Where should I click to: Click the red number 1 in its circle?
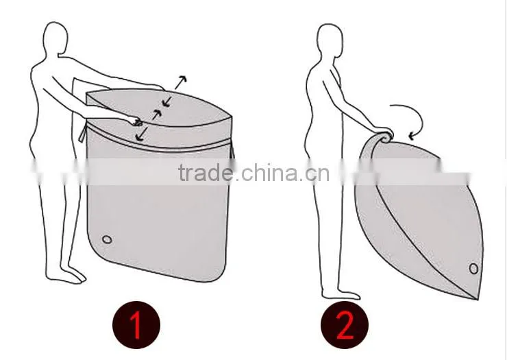click(x=136, y=325)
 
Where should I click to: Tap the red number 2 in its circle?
click(x=345, y=325)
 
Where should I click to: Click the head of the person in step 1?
click(x=55, y=38)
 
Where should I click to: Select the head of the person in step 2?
click(x=330, y=40)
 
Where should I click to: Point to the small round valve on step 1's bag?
click(x=107, y=239)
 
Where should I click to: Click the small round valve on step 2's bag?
click(x=473, y=269)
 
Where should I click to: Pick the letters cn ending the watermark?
click(x=317, y=174)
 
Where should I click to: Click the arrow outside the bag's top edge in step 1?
click(x=181, y=82)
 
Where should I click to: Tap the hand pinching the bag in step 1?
click(x=136, y=121)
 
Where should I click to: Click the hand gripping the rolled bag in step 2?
click(x=385, y=134)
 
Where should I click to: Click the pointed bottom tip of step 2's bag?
click(x=477, y=299)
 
